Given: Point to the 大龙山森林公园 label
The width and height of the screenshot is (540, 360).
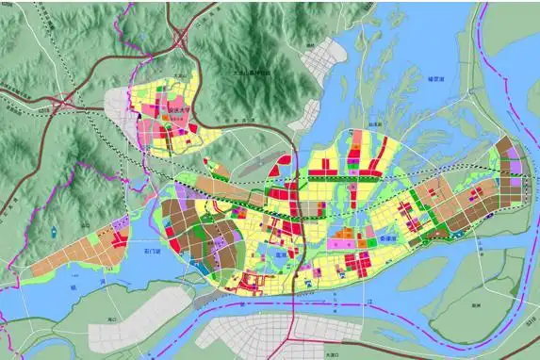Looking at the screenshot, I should [x=250, y=73].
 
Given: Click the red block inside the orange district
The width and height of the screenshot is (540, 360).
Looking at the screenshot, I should [x=119, y=235].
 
